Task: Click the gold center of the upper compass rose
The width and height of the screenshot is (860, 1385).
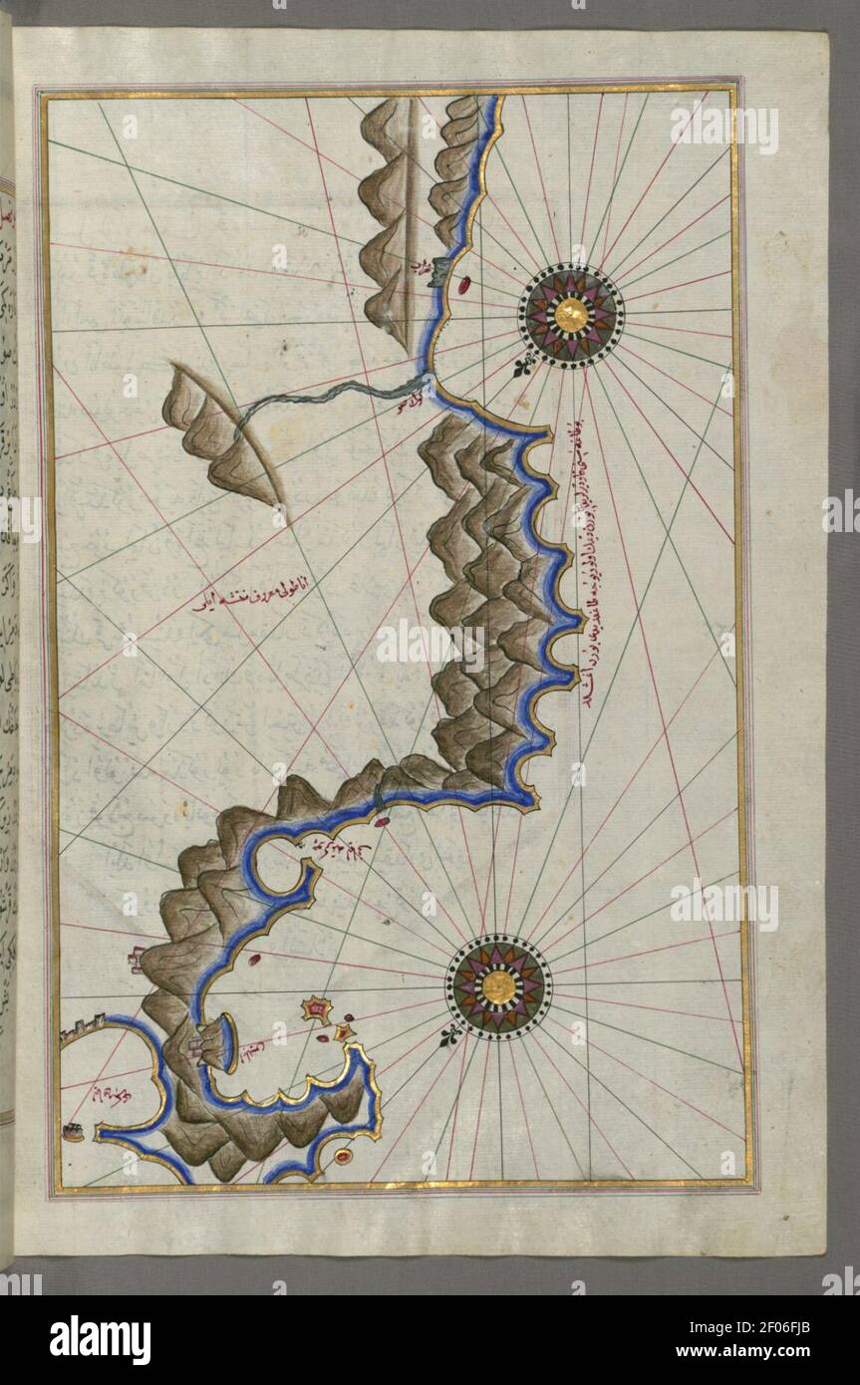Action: click(570, 316)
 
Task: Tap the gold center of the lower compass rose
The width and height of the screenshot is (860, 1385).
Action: click(497, 986)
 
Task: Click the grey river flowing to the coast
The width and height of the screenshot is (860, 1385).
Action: click(319, 397)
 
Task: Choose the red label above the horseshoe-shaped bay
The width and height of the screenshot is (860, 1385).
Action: click(339, 847)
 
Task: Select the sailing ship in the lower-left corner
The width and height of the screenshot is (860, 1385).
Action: click(72, 1131)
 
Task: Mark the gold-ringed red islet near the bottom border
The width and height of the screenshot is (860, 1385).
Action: click(344, 1156)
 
